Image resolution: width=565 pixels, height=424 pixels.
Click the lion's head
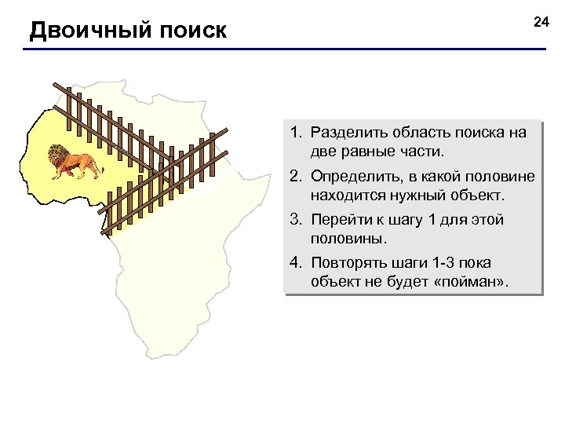click(x=56, y=155)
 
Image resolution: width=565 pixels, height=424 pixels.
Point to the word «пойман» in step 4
click(x=475, y=281)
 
